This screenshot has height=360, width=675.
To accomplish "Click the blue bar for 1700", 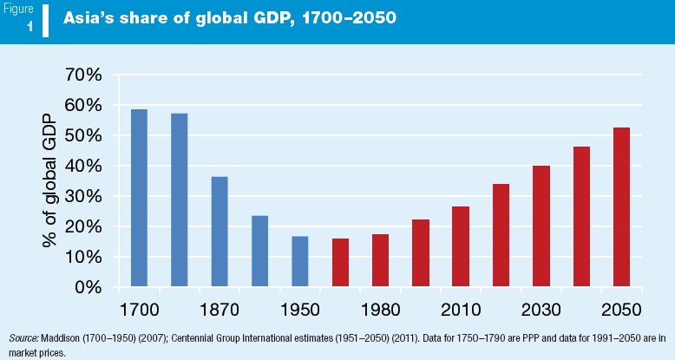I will click(139, 198).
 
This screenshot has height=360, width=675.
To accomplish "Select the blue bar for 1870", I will click(220, 232).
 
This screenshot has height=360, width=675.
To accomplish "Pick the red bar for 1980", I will click(380, 260).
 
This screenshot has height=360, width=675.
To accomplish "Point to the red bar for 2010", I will click(460, 246).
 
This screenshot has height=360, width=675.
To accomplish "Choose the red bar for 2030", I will click(541, 226).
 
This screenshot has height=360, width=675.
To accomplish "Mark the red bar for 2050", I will click(621, 206).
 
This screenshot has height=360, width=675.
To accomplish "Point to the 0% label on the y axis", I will click(90, 287).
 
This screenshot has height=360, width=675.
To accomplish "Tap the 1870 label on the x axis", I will click(220, 310).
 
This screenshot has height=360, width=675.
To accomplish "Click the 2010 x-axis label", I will click(460, 310).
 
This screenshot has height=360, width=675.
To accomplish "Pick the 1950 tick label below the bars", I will click(300, 310).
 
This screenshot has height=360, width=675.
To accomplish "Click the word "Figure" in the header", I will click(18, 10).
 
